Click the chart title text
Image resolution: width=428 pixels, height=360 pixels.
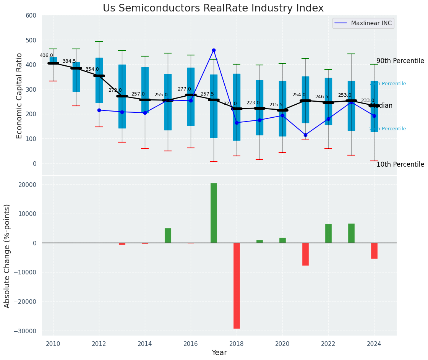click(213, 8)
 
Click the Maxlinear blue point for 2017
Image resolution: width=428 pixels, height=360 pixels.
click(214, 50)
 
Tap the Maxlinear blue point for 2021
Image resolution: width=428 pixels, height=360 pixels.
click(305, 135)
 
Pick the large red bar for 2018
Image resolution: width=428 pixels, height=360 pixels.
click(237, 285)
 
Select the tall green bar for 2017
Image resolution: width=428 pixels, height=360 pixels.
click(214, 213)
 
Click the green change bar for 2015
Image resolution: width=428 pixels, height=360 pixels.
click(168, 235)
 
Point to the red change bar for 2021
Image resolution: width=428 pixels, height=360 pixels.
click(305, 254)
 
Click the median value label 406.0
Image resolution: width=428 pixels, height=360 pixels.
click(46, 55)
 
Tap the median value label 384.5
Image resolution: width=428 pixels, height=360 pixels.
click(69, 61)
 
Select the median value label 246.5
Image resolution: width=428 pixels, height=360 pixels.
click(322, 97)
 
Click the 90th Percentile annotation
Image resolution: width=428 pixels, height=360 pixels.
click(400, 61)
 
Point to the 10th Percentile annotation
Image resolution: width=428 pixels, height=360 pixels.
click(400, 165)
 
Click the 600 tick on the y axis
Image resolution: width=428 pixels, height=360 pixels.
click(31, 16)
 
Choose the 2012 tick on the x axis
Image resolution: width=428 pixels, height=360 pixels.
click(99, 344)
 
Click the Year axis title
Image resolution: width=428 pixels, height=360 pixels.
click(219, 353)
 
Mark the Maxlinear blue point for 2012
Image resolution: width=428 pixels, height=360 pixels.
click(99, 110)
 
